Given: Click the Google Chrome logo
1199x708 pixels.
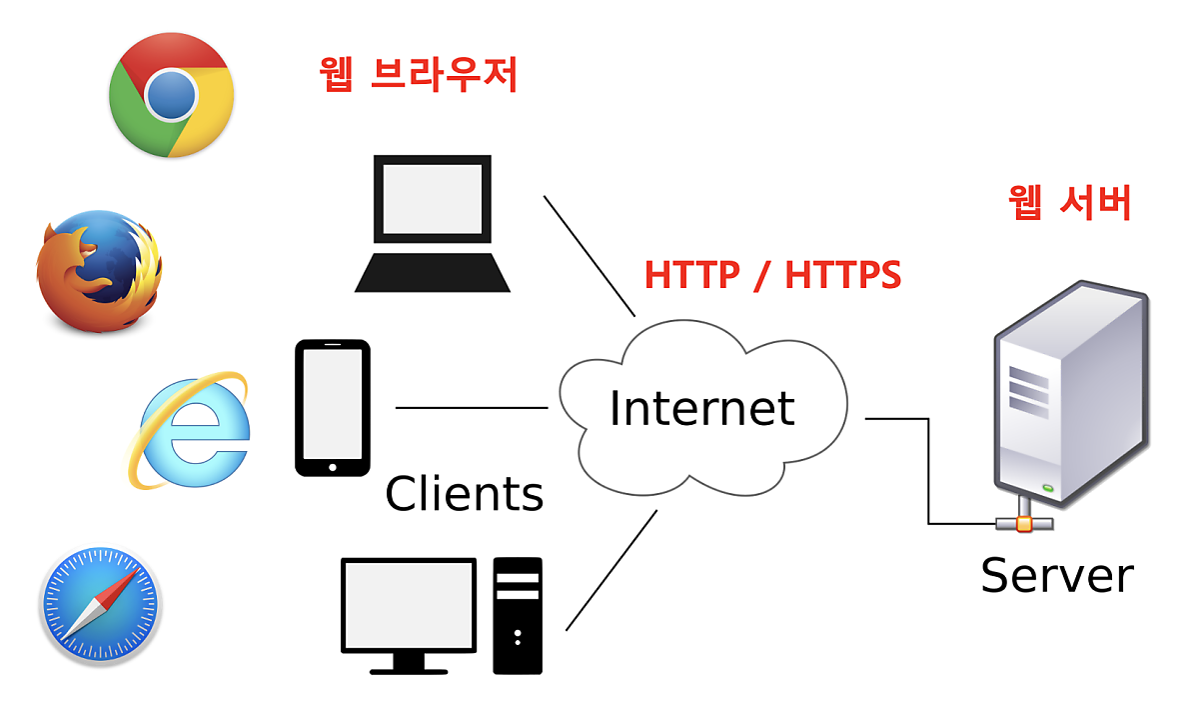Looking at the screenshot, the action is (x=171, y=95).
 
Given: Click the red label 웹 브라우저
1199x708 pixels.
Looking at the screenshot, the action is (x=418, y=76).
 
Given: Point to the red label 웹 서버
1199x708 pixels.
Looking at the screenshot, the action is (x=1070, y=202).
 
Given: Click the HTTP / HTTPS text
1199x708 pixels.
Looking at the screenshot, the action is (x=772, y=274).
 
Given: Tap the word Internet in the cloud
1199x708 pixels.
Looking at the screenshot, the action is (x=702, y=408).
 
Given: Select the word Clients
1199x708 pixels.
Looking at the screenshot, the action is (x=465, y=494).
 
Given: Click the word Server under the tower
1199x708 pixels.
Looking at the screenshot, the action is (x=1057, y=575).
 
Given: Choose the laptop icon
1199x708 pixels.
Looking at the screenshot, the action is (x=433, y=222).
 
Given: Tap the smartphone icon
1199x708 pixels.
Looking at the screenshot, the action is (x=333, y=407).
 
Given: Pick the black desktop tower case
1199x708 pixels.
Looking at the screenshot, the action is (x=518, y=614).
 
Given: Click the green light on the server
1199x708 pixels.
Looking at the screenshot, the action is (x=1047, y=488).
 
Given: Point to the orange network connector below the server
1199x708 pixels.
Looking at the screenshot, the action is (x=1023, y=523).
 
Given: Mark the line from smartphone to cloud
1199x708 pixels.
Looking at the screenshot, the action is (x=472, y=408).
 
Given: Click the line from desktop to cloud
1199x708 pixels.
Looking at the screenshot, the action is (x=611, y=570).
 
